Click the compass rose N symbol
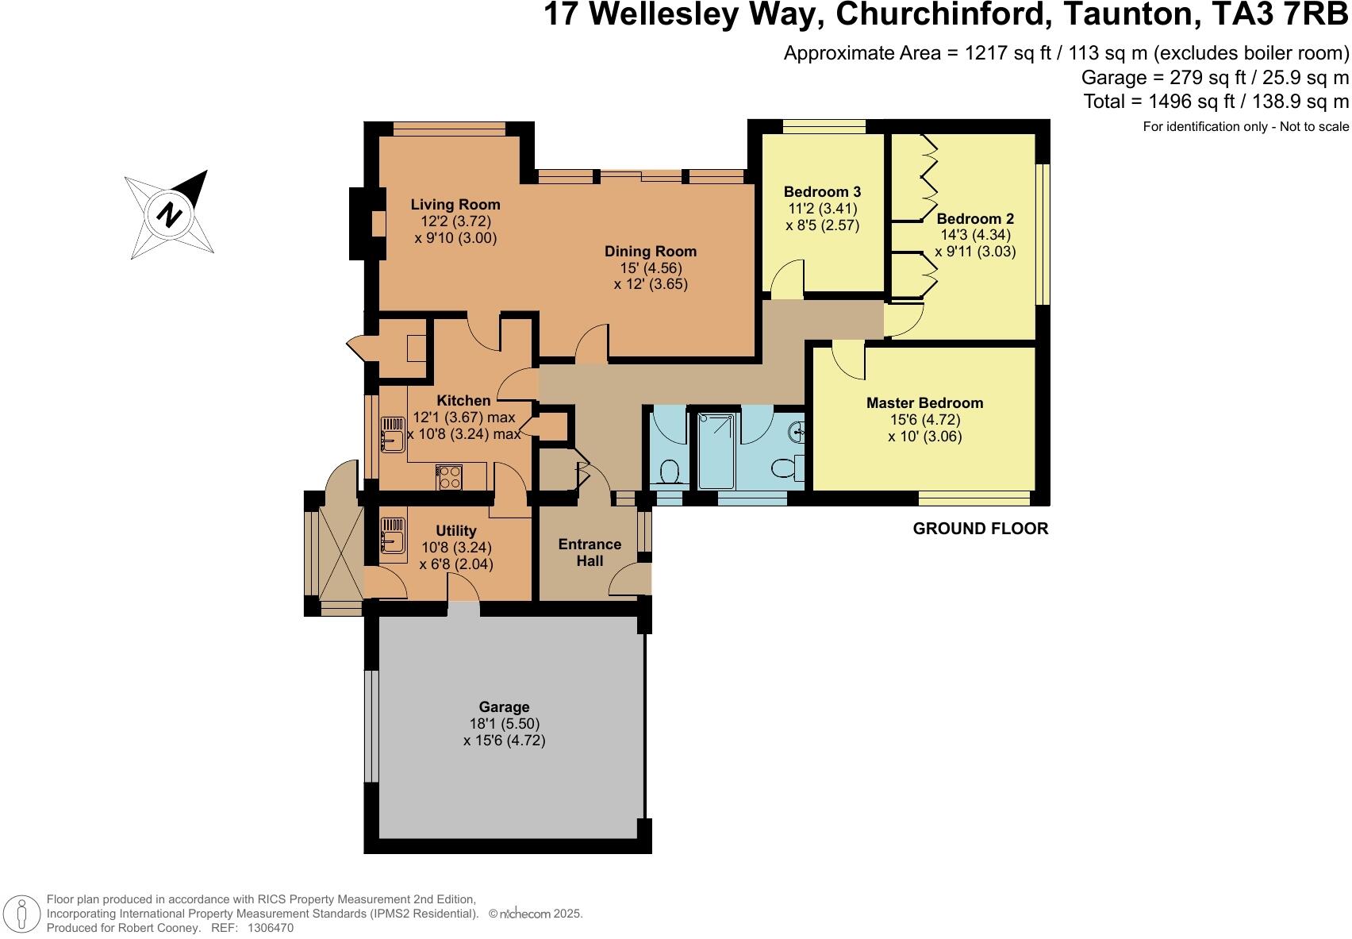[170, 214]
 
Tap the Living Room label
[455, 205]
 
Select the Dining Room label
[651, 251]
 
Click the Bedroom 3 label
[822, 192]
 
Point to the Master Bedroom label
[924, 402]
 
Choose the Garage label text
[504, 706]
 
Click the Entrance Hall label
[590, 552]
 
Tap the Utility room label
[455, 531]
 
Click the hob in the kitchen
[449, 477]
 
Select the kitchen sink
[393, 434]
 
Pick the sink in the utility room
[393, 535]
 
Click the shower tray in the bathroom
[716, 451]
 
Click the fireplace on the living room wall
[368, 224]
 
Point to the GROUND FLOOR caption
[980, 529]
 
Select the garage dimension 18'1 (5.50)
[505, 723]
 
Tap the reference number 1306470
[271, 928]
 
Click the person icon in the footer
[21, 914]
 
